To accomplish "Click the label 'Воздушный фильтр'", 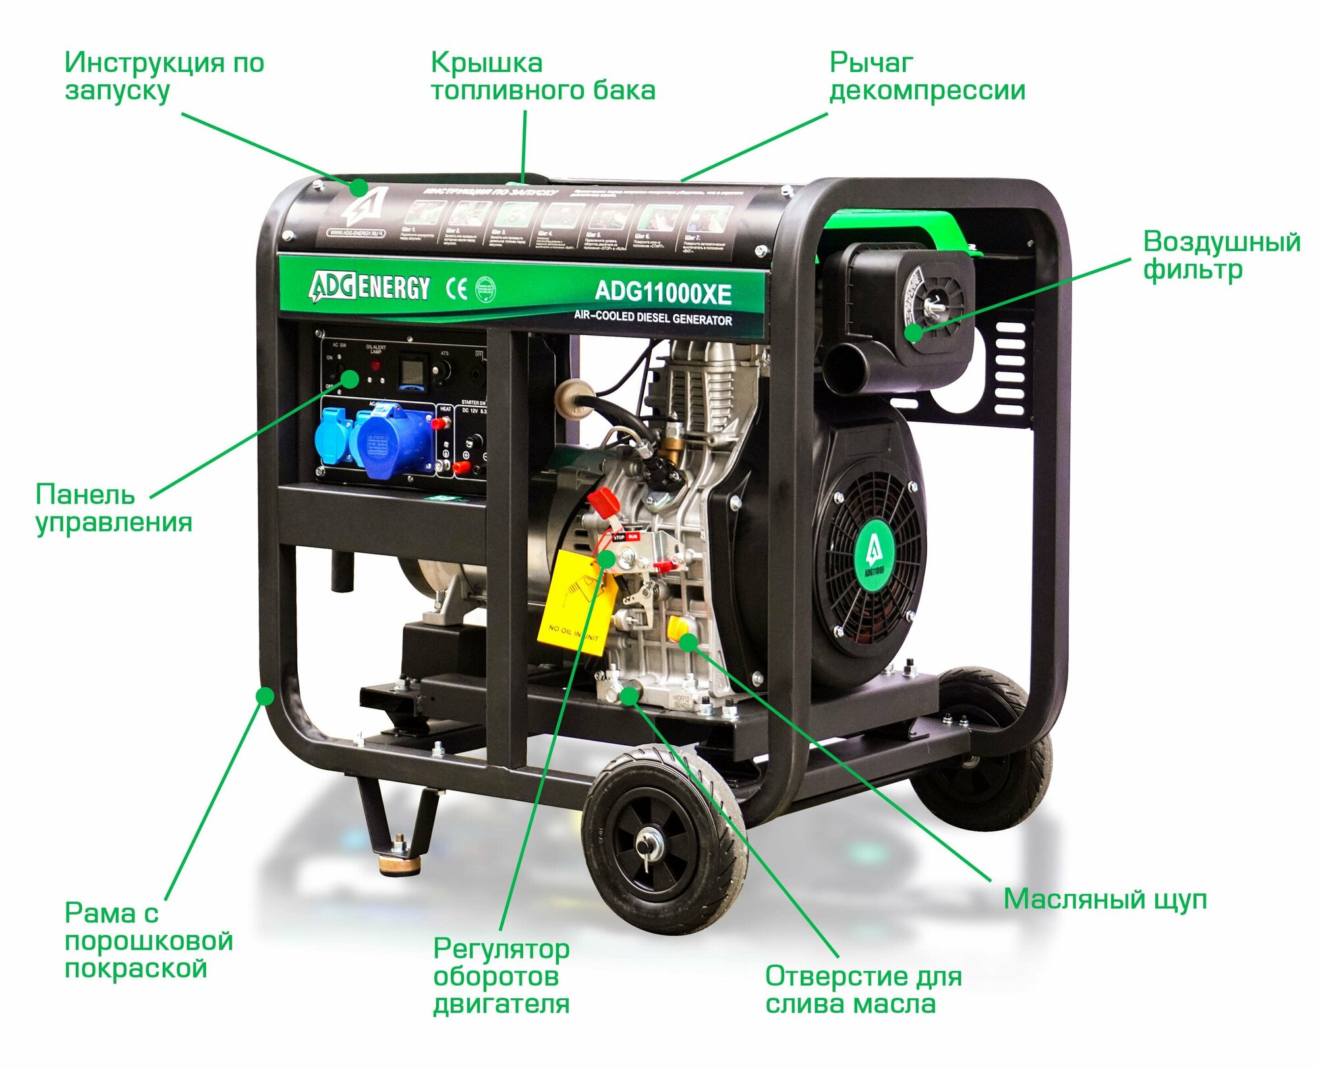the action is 1221,255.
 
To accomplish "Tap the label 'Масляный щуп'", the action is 1104,899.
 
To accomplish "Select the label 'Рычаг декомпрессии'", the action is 927,76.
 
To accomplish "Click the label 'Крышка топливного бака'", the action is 542,76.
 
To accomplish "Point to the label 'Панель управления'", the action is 113,508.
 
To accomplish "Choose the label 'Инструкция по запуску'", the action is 164,76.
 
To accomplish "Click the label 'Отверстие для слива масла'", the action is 863,990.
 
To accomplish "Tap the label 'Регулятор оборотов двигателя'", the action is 501,976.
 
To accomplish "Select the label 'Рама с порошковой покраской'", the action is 148,941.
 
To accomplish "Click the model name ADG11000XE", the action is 662,293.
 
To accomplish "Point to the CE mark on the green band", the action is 457,289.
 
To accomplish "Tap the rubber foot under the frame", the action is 399,863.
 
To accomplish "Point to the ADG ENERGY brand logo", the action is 369,287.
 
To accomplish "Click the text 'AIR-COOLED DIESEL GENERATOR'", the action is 652,318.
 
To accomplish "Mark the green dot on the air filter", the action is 913,333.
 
